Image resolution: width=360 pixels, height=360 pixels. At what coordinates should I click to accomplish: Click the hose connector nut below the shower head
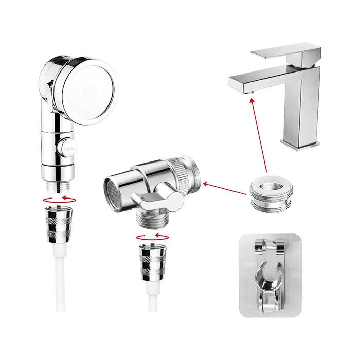pos(59,222)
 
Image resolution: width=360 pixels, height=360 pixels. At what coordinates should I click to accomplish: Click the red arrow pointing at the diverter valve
pos(224,188)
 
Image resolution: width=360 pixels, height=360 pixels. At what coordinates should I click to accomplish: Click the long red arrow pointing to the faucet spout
pos(259,134)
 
